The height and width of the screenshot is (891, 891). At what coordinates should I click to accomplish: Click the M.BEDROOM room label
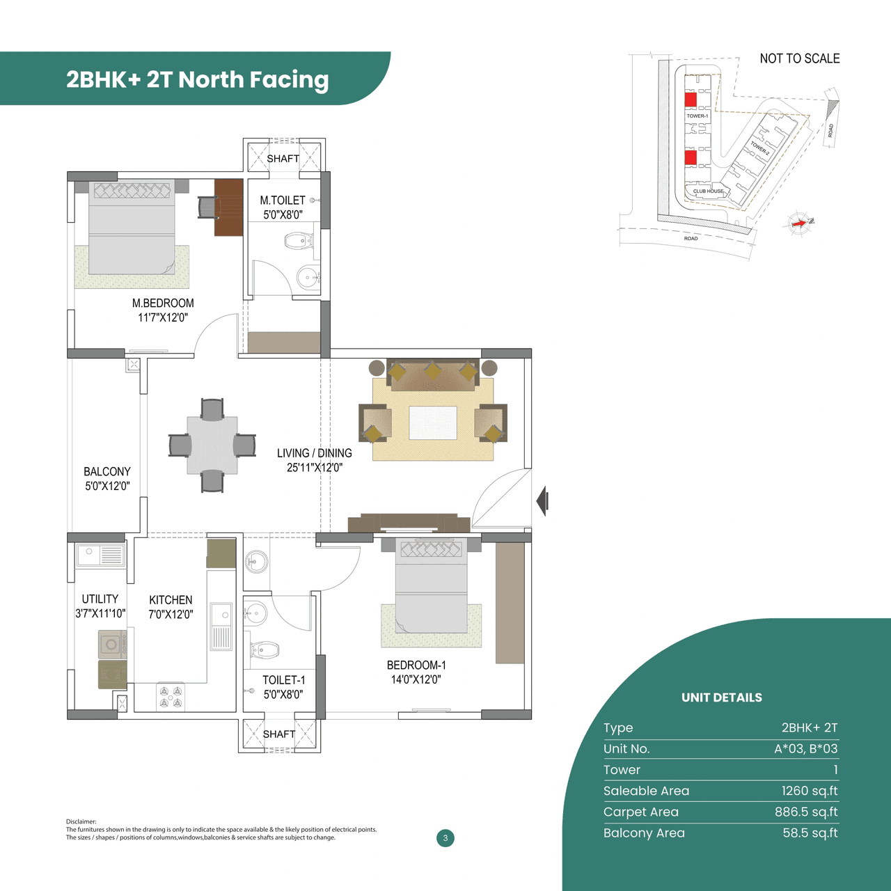(x=163, y=303)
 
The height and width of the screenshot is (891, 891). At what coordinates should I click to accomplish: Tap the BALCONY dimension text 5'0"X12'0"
(x=107, y=487)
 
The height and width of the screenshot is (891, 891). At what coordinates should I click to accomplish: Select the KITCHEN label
(x=171, y=600)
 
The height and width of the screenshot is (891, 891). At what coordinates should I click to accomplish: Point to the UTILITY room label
(x=100, y=599)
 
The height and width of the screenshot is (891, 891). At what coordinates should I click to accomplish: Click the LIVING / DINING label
(x=314, y=453)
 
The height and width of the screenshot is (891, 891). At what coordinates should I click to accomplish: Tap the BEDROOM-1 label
(x=416, y=665)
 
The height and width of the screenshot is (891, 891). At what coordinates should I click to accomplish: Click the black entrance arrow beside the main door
(x=542, y=500)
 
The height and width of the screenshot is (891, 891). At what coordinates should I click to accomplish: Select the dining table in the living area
(x=212, y=445)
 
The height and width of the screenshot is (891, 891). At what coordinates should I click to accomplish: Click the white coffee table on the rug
(x=433, y=423)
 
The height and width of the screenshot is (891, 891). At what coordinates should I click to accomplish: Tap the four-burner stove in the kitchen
(x=171, y=697)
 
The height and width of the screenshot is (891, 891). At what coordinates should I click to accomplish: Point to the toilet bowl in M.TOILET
(x=298, y=242)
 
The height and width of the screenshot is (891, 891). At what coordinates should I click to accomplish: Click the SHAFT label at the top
(x=283, y=159)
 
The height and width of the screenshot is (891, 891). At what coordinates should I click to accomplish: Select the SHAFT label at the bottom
(x=279, y=734)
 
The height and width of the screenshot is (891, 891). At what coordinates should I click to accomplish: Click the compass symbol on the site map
(x=800, y=223)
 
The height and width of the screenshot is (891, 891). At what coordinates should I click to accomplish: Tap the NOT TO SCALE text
(x=799, y=58)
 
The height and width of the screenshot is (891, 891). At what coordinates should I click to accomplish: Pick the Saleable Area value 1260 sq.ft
(x=809, y=791)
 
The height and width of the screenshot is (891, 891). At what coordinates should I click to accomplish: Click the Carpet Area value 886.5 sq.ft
(x=805, y=812)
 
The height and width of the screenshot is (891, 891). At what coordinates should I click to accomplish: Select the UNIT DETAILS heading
(x=721, y=697)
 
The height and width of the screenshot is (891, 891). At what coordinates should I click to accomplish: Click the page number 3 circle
(x=445, y=838)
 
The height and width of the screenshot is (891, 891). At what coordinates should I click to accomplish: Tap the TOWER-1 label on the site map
(x=697, y=116)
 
